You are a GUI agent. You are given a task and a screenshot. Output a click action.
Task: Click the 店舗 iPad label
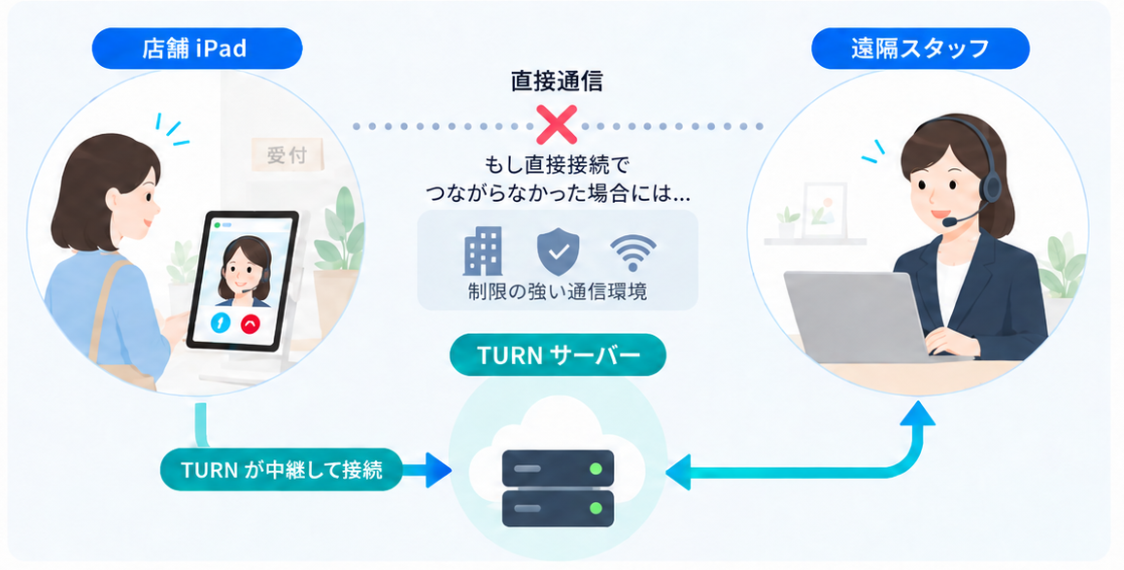[196, 49]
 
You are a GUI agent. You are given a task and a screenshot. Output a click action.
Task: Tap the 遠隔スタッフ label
[920, 49]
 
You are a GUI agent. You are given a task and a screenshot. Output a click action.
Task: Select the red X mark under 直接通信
[557, 125]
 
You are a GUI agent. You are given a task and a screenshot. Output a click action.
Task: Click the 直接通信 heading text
[557, 81]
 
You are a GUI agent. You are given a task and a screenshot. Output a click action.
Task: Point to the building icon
[483, 251]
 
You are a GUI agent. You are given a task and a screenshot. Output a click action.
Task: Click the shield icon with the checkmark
[558, 251]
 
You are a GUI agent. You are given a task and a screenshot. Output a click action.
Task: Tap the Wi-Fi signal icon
[633, 253]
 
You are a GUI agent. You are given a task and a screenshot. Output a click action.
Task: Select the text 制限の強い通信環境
[558, 291]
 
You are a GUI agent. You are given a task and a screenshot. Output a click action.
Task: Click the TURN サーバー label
[558, 354]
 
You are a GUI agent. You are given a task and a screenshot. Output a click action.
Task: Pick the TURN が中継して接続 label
[281, 470]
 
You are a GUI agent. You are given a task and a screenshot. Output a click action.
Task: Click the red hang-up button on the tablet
[250, 323]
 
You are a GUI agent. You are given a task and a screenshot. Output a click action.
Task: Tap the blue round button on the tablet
[221, 323]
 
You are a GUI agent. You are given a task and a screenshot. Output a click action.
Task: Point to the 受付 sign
[287, 154]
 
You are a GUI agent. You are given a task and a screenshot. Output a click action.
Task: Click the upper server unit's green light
[595, 468]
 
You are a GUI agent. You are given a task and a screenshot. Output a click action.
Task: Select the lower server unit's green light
[595, 509]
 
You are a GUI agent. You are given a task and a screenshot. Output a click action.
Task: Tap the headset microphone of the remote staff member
[950, 222]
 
